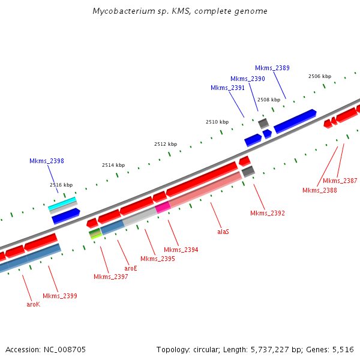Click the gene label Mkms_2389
[272, 68]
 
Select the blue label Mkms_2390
[248, 79]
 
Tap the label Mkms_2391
[227, 88]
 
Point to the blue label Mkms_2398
[47, 161]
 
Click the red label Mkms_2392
[268, 213]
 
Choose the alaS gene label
[223, 231]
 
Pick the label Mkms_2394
[181, 250]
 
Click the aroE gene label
[131, 268]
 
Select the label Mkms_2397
[111, 277]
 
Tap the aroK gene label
[33, 304]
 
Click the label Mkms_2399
[60, 296]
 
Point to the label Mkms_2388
[320, 190]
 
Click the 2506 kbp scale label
[320, 76]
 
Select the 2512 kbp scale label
[166, 144]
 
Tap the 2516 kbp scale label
[61, 185]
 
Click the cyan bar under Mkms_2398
[62, 203]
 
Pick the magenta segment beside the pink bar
[163, 208]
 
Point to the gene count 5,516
[343, 349]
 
